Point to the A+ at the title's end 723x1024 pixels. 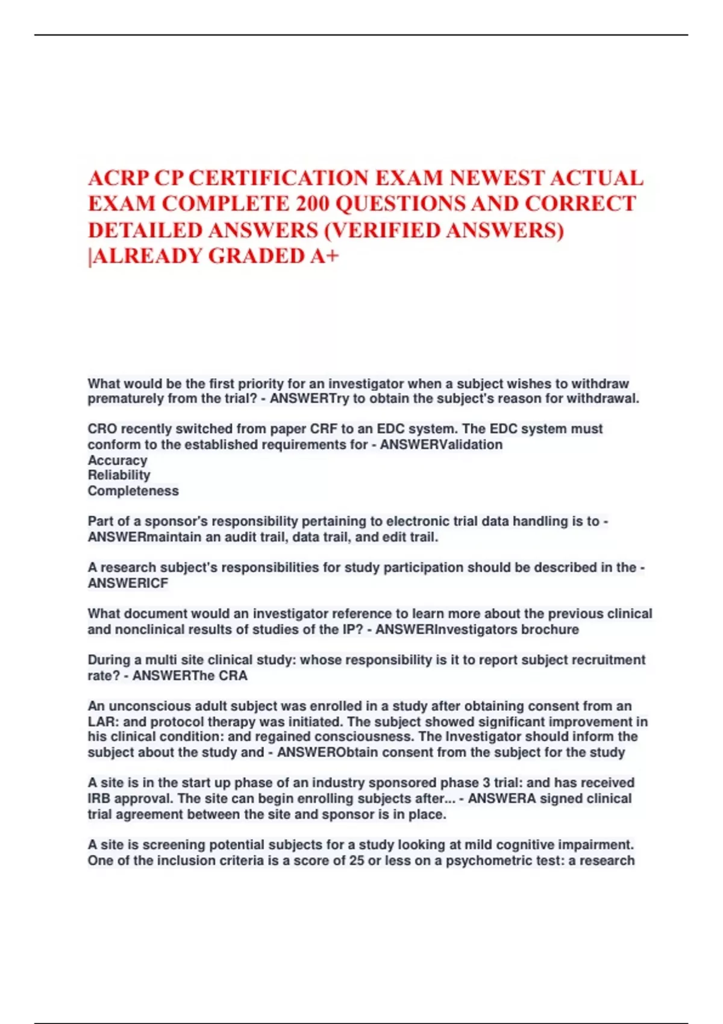(x=325, y=256)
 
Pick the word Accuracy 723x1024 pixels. (x=117, y=460)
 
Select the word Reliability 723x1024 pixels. (x=119, y=475)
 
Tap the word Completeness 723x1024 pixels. (x=133, y=491)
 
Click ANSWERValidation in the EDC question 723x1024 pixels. (x=441, y=445)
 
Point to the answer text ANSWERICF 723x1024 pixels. (x=128, y=583)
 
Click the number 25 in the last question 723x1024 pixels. (x=357, y=861)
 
